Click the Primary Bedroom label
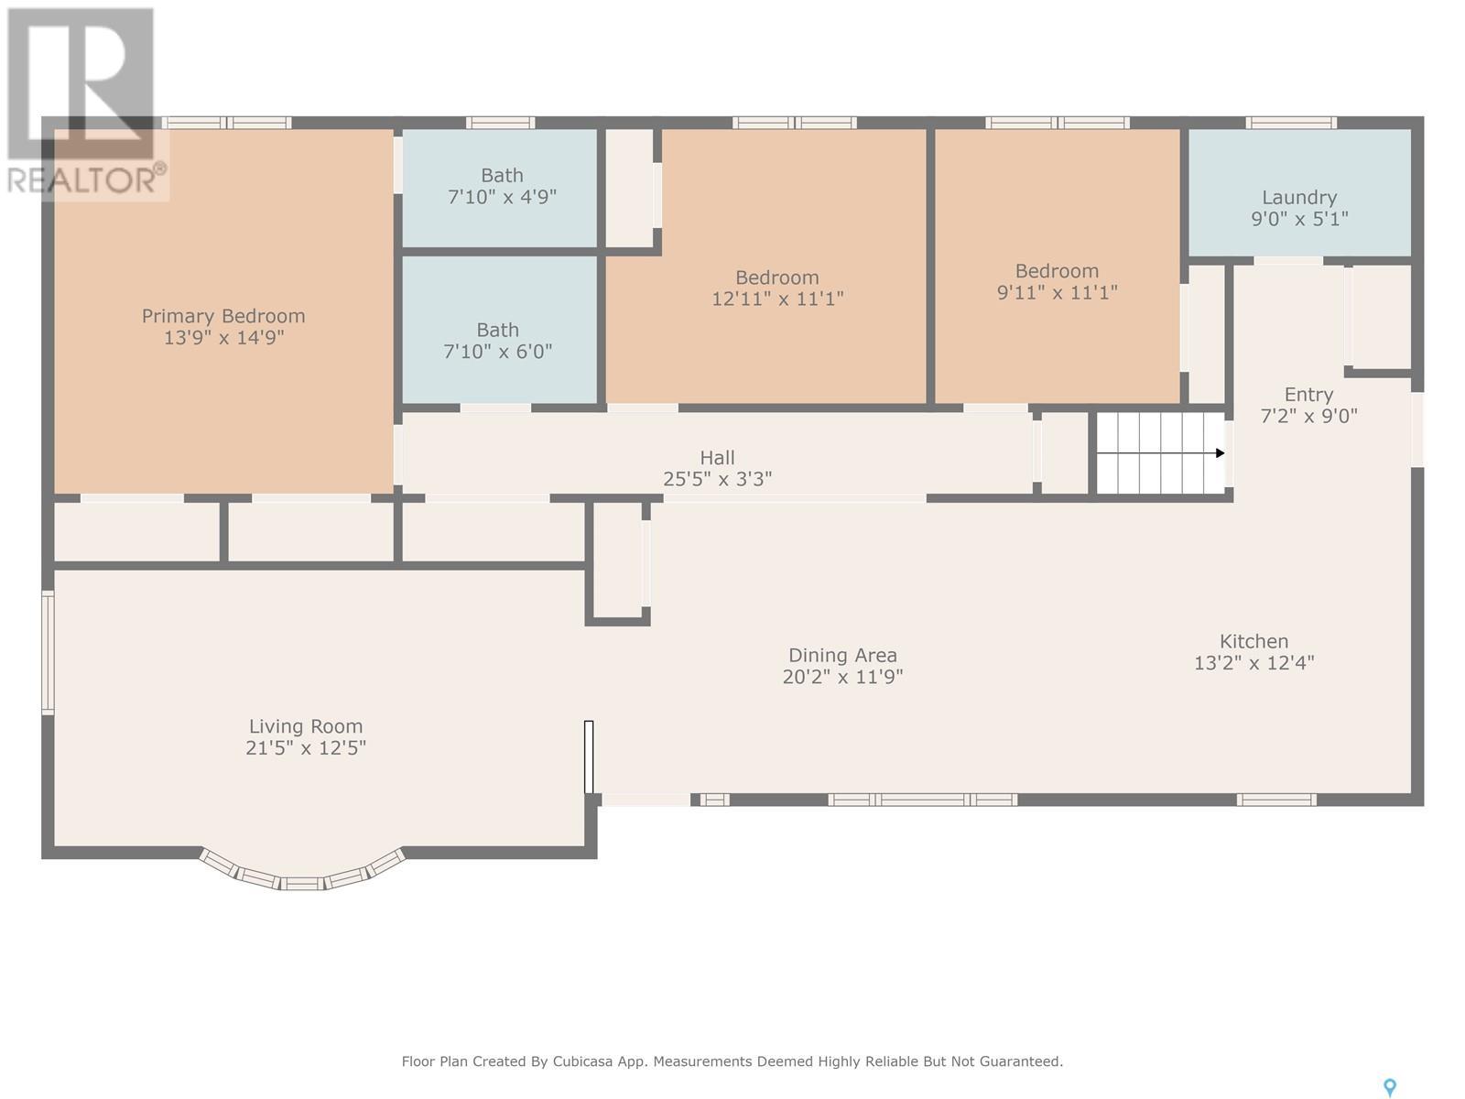pos(222,316)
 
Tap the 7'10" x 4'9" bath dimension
pos(502,197)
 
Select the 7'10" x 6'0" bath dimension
pos(498,351)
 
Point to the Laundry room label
pos(1298,198)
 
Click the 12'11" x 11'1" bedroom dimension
pos(777,299)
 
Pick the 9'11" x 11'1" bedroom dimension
pos(1058,292)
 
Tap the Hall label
pos(718,458)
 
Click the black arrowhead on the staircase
pos(1220,453)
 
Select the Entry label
pos(1308,395)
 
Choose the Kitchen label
pos(1254,641)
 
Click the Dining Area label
pos(842,655)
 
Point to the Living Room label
pos(306,726)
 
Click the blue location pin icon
pos(1390,1088)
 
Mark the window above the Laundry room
pos(1291,123)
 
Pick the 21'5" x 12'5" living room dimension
pos(306,747)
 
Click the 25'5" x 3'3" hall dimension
pos(718,479)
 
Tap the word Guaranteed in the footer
pos(1020,1061)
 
